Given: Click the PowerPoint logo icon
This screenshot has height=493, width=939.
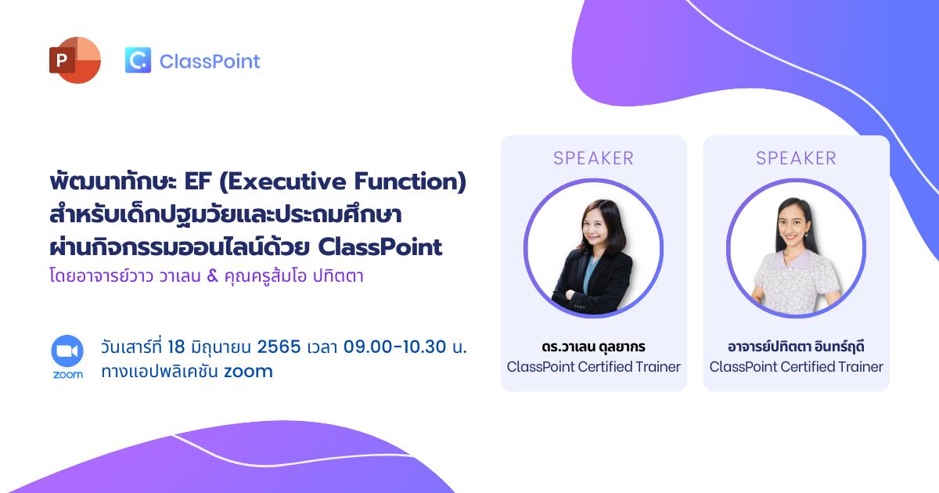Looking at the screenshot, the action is [x=75, y=60].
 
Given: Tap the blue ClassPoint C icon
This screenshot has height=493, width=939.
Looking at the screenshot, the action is [x=138, y=60].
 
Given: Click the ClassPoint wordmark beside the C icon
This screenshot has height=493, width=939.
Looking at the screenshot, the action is [x=210, y=61].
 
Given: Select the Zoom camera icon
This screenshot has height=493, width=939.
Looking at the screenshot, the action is [x=67, y=351].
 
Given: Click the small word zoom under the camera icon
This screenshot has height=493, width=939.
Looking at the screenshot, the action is [x=67, y=374].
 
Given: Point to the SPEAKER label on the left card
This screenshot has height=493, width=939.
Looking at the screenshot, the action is [x=593, y=158].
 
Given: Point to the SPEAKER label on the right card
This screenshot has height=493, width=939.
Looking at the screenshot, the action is [x=796, y=158].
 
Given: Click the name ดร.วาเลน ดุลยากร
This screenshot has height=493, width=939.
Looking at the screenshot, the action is [x=593, y=347].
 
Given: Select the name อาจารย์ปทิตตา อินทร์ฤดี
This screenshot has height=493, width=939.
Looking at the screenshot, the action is [x=796, y=347].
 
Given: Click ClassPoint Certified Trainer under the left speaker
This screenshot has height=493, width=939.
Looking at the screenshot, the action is [x=593, y=367].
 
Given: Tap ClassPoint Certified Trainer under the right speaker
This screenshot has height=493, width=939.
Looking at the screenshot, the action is [x=796, y=367].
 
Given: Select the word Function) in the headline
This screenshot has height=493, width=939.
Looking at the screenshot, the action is [x=410, y=182].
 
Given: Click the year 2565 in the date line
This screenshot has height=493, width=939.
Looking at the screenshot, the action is [x=279, y=347].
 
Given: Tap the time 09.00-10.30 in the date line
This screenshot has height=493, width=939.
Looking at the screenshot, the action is [x=394, y=347].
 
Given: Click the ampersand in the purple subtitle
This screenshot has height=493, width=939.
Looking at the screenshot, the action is [x=213, y=275].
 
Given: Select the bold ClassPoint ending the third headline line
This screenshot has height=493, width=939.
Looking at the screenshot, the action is [x=380, y=247].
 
